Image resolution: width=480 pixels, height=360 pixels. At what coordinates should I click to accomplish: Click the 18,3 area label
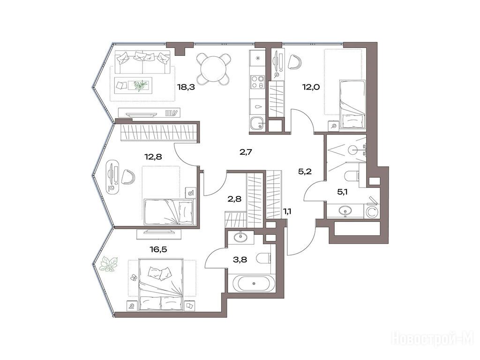(186, 87)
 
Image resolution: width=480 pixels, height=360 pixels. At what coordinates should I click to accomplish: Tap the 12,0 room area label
(311, 87)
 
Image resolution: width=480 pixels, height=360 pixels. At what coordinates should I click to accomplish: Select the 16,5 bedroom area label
(158, 249)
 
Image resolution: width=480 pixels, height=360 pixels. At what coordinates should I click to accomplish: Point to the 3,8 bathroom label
(240, 260)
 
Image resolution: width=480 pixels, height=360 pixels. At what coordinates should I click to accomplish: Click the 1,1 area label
(287, 211)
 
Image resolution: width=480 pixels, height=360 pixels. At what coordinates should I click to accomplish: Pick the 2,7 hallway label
(246, 151)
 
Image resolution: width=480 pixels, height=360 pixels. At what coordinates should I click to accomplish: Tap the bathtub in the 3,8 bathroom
(254, 283)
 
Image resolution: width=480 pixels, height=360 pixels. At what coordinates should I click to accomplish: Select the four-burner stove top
(257, 82)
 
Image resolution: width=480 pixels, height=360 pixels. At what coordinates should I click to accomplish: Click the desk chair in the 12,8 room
(128, 177)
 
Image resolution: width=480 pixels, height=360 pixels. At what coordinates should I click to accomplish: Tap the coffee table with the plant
(134, 85)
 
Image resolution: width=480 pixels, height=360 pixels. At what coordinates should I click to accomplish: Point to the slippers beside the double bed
(134, 277)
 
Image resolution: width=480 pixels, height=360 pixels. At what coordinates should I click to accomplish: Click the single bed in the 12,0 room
(352, 104)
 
